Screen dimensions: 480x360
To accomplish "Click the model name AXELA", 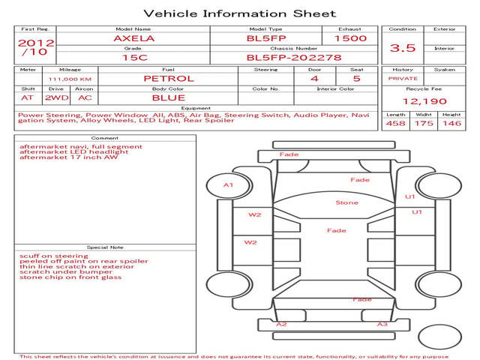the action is click(x=134, y=38).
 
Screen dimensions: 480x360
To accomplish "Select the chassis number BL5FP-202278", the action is click(x=294, y=58).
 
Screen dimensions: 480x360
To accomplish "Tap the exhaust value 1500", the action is click(x=350, y=38).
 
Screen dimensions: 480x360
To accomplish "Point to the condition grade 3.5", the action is click(x=403, y=48).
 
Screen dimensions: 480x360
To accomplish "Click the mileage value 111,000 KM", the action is click(x=70, y=79).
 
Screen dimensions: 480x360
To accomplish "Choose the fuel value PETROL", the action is click(x=169, y=79).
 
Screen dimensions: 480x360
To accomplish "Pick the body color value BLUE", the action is click(x=169, y=98).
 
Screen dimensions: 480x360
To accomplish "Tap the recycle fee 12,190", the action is click(x=424, y=101).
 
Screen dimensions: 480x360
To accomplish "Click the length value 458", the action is click(x=395, y=123).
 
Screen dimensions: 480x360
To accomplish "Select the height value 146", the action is click(x=451, y=123).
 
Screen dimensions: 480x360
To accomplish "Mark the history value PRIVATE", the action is click(x=403, y=79).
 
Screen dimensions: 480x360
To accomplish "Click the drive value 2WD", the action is click(x=57, y=98).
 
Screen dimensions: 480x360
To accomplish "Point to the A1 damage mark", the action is click(x=228, y=185).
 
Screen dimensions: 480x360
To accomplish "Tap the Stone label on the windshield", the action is click(x=346, y=202).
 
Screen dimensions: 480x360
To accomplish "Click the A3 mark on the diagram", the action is click(x=382, y=324).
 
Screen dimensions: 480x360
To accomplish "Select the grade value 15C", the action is click(x=135, y=58).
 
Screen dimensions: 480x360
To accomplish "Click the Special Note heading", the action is click(x=105, y=247).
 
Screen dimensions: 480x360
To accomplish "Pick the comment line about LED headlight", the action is click(x=74, y=151).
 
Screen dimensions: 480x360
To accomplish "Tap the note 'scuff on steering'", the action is click(x=54, y=256).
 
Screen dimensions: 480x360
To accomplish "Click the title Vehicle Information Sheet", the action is click(x=240, y=13).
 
